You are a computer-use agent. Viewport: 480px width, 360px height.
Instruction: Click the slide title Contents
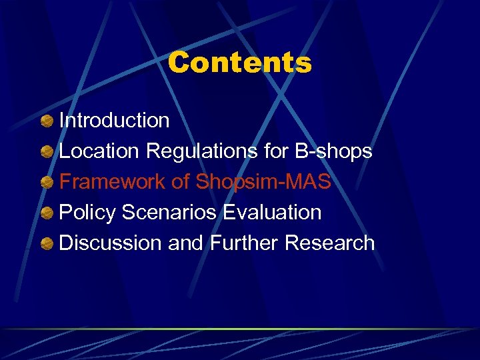coord(239,63)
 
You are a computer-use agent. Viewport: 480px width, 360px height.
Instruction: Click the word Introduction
coord(114,121)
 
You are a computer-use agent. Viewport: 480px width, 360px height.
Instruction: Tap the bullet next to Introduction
coord(47,121)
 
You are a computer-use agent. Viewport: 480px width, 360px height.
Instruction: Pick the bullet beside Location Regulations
coord(47,152)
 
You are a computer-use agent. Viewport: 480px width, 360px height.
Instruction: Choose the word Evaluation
coord(272,213)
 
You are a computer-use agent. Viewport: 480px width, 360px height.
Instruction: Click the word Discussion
coord(111,243)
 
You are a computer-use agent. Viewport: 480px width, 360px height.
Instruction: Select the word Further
coord(244,243)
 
